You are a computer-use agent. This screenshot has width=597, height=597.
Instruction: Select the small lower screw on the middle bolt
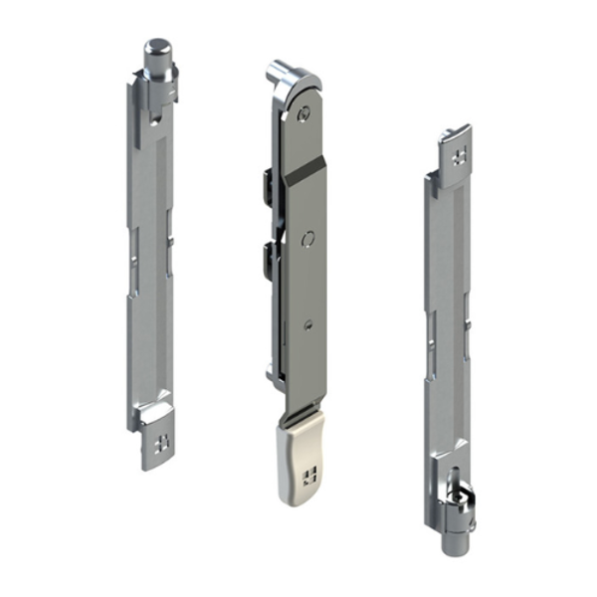point(307,323)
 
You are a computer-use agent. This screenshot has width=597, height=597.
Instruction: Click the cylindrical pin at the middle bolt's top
point(277,72)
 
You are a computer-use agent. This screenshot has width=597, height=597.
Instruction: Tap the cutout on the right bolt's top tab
point(458,155)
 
